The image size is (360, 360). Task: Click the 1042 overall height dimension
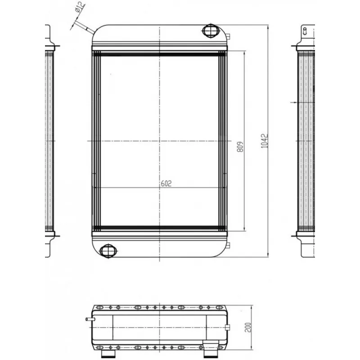[x=265, y=141]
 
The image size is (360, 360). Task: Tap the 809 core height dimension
[x=240, y=147]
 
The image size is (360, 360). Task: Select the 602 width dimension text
[x=166, y=183]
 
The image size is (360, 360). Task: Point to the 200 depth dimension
[x=248, y=327]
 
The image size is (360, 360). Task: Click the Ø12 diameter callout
[x=80, y=7]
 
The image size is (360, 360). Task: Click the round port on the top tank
[x=211, y=31]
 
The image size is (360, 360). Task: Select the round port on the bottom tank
[x=108, y=251]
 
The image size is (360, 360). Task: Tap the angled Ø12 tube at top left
[x=85, y=27]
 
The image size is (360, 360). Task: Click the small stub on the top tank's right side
[x=228, y=36]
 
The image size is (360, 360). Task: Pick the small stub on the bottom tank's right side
[x=228, y=245]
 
